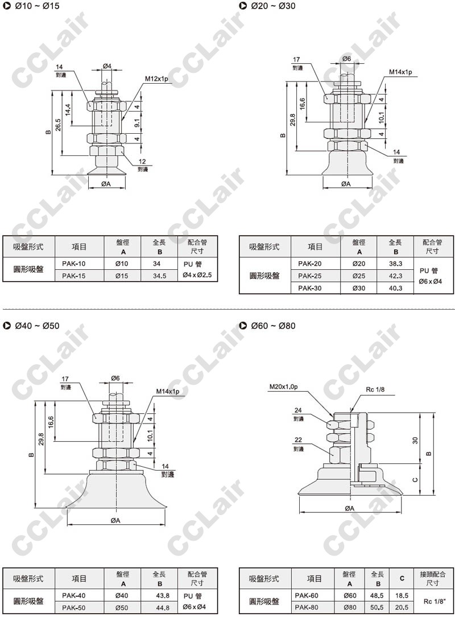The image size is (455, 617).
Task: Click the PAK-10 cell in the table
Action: click(73, 264)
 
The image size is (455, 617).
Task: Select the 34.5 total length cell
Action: click(160, 276)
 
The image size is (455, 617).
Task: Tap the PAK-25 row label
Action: click(309, 276)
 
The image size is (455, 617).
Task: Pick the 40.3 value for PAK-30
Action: click(396, 288)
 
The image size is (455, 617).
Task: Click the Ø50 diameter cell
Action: click(122, 607)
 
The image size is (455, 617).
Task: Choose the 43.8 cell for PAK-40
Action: click(163, 596)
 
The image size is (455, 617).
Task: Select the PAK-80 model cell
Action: click(307, 607)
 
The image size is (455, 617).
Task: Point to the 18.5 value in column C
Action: click(402, 596)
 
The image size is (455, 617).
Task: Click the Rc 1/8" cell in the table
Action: click(435, 601)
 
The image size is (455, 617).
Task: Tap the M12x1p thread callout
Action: click(156, 79)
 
